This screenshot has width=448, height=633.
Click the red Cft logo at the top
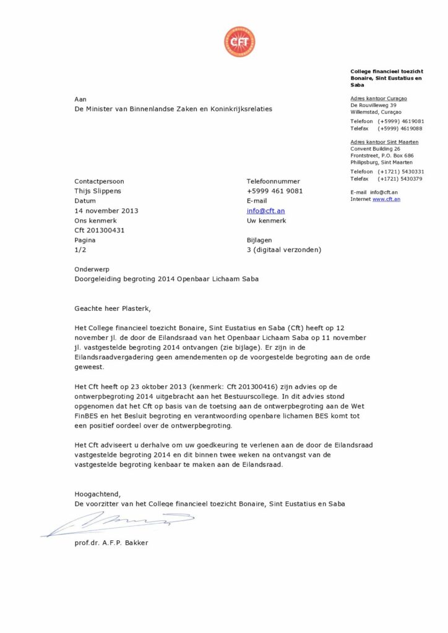239,42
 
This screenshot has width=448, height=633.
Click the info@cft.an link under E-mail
265,211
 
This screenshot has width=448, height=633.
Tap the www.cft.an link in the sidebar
386,199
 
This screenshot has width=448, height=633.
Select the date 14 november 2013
106,211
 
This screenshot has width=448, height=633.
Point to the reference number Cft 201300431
99,231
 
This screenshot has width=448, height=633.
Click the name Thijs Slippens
98,191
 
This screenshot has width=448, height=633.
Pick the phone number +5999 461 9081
275,191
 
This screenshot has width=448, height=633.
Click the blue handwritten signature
118,524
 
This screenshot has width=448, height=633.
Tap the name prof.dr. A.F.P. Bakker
111,543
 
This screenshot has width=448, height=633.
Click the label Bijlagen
259,240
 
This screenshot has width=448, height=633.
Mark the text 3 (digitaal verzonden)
283,250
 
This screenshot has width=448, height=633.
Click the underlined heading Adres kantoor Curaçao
379,98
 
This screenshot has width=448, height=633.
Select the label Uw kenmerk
266,221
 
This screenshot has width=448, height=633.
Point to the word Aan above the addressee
80,99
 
